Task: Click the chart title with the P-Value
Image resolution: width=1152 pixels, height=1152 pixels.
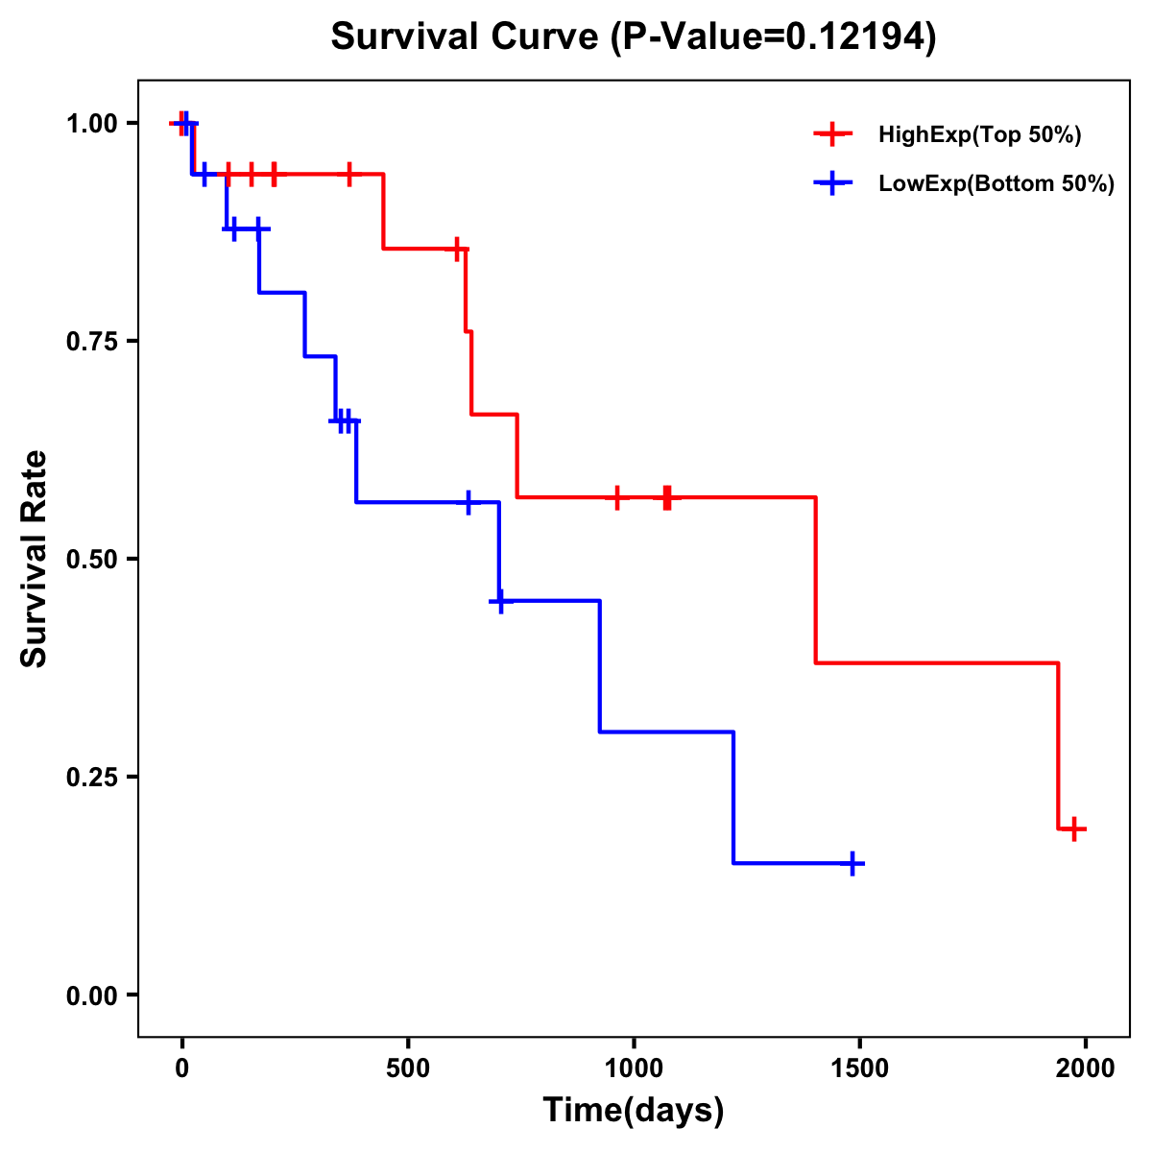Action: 633,37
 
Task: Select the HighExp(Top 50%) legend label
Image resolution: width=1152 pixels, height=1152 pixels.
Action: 979,135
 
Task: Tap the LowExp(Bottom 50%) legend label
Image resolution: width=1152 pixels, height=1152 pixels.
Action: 996,184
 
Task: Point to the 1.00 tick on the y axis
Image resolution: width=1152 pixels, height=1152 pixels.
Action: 91,123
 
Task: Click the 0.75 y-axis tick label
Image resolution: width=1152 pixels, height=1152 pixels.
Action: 91,341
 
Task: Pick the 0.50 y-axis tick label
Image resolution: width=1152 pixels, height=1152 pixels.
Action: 91,559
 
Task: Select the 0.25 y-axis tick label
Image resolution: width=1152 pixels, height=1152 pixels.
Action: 91,777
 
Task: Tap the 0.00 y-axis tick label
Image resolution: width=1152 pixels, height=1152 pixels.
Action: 91,995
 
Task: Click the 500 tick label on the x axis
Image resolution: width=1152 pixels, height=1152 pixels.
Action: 408,1068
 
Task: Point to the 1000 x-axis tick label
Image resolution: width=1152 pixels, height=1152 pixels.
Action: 634,1068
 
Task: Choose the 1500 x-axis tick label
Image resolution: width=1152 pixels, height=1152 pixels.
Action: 860,1068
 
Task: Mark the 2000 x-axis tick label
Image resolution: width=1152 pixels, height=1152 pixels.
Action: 1086,1068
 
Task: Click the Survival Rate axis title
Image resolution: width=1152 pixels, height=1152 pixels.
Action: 35,559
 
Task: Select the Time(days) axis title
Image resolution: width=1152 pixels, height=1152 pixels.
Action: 634,1111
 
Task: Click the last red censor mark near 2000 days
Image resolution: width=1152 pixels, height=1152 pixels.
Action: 1074,828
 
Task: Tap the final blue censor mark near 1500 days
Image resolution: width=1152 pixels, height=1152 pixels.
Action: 852,863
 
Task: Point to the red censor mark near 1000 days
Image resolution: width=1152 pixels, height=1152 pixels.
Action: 617,497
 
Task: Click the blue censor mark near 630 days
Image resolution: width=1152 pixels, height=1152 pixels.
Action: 468,502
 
